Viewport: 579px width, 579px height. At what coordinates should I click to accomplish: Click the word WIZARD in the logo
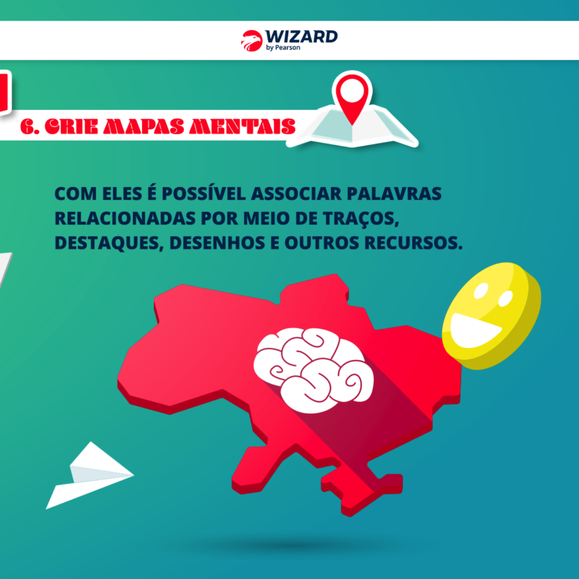(x=301, y=37)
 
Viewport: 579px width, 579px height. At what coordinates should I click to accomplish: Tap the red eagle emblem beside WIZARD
(x=252, y=40)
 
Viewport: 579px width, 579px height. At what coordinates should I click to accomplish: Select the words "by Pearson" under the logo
(x=283, y=47)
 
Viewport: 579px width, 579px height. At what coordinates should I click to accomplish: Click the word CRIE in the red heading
(x=71, y=127)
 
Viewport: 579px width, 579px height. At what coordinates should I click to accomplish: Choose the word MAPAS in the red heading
(x=144, y=127)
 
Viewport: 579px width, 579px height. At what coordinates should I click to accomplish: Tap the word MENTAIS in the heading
(x=242, y=127)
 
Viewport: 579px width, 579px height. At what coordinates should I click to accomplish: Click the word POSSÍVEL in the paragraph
(x=204, y=193)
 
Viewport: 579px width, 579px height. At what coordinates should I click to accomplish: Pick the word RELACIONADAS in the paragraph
(x=125, y=218)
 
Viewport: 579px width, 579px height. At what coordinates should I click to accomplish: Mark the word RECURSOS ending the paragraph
(x=413, y=243)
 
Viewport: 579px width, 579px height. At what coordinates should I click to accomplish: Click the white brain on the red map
(x=313, y=370)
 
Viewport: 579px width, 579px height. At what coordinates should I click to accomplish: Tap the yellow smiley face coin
(x=491, y=316)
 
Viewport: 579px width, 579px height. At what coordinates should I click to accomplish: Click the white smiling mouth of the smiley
(x=473, y=330)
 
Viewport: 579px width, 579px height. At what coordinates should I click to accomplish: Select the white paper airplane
(x=90, y=476)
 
